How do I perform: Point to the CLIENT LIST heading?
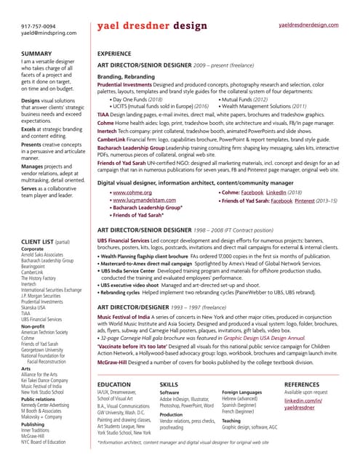(44, 220)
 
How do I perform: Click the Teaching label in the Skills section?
(231, 420)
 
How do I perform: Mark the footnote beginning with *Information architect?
(196, 442)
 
